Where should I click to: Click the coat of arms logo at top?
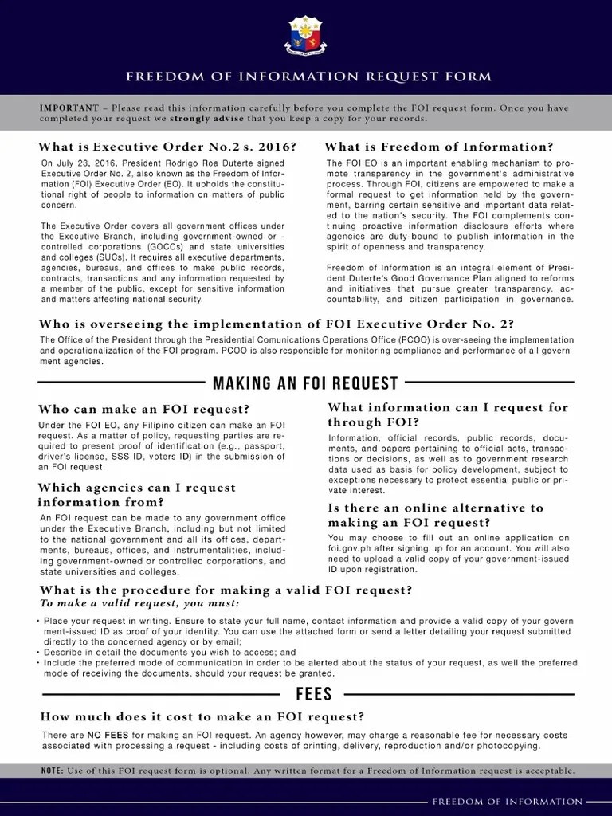tap(305, 35)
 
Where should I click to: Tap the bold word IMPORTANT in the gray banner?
tap(69, 108)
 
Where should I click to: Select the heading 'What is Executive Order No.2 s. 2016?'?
tap(167, 147)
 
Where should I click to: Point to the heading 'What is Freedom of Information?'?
tap(438, 147)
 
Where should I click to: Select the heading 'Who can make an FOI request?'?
tap(133, 410)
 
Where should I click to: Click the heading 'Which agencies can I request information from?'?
tap(136, 495)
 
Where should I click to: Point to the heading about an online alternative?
tap(435, 515)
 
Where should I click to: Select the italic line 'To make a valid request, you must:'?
tap(127, 602)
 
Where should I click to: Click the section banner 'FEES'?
tap(313, 693)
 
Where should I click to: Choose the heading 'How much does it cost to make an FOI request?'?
tap(202, 716)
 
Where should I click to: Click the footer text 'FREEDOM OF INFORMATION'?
tap(507, 802)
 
